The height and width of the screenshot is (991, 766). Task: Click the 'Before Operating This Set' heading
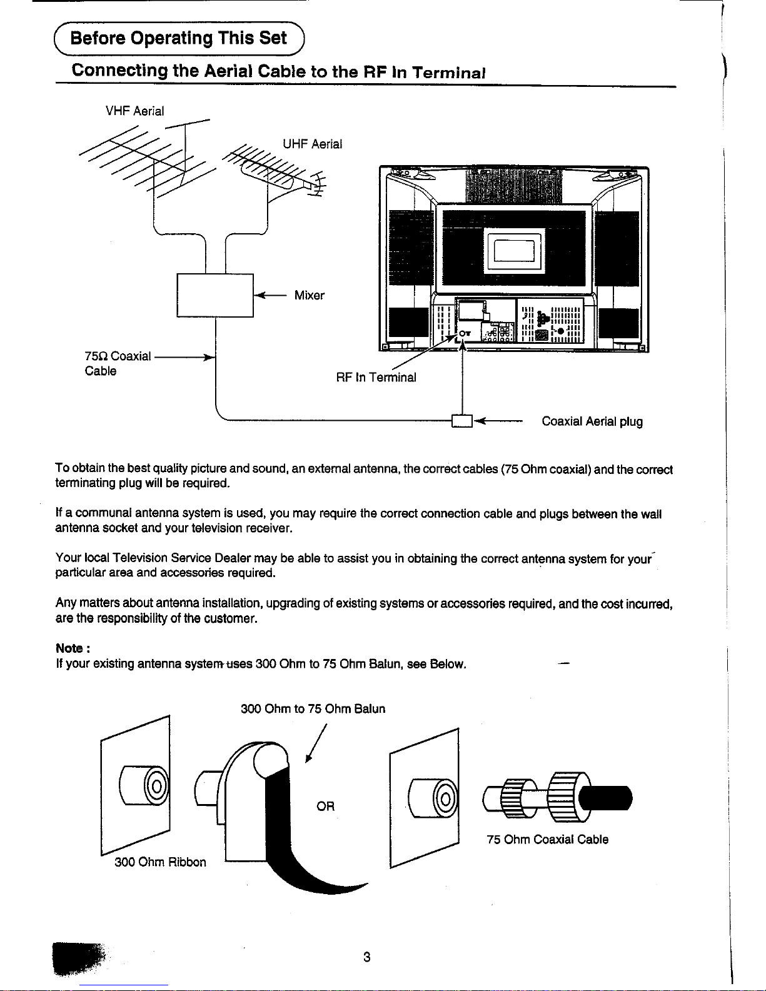pos(179,38)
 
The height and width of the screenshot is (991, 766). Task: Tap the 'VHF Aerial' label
pos(134,111)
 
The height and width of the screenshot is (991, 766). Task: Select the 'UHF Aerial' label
pos(312,144)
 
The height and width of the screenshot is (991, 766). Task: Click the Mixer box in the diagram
pos(215,296)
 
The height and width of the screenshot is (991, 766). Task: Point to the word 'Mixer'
pos(309,296)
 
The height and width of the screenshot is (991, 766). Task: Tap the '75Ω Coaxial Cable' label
pos(118,363)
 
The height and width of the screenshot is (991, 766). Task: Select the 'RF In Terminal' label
pos(376,378)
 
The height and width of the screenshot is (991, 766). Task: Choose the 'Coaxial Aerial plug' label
pos(592,421)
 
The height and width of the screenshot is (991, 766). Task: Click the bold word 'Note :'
pos(74,648)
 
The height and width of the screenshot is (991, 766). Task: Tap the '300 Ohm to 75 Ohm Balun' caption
pos(313,709)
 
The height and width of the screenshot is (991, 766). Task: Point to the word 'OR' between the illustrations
pos(325,807)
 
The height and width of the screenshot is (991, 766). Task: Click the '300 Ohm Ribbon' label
pos(160,862)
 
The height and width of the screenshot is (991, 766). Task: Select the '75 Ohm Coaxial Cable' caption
pos(547,840)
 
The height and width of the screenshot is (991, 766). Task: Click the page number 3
pos(367,957)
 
